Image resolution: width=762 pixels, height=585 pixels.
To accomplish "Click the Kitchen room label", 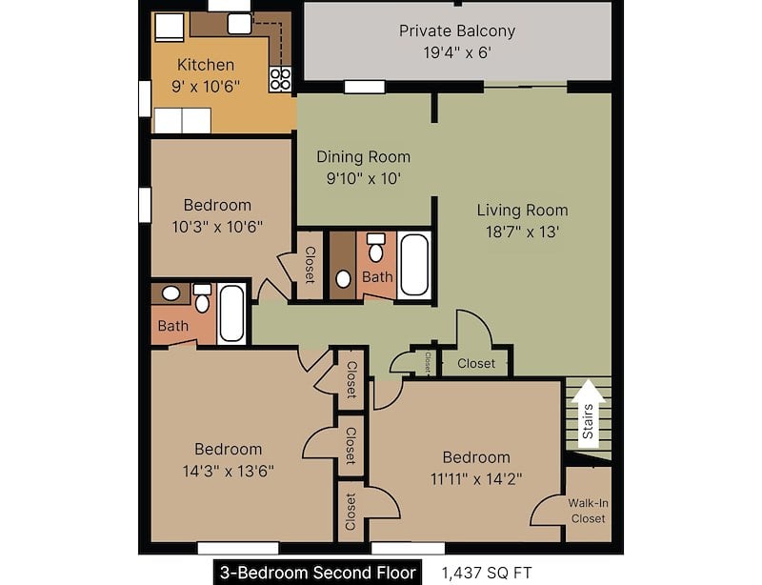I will pos(206,65).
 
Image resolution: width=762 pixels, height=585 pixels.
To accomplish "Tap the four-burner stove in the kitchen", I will pos(280,78).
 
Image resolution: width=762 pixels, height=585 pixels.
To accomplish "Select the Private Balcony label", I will pos(457,30).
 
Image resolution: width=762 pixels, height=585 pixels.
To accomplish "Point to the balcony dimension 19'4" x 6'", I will pos(457,52).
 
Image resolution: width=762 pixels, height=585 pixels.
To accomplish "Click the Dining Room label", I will pos(363,156).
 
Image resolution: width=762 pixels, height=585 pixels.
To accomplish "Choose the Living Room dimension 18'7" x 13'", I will pos(522,231).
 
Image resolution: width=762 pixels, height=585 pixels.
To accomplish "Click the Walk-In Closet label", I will pos(587,511).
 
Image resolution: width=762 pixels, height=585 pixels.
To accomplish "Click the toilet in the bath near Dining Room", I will pos(376,249).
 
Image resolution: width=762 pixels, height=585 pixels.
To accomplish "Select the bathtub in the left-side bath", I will pos(231,314).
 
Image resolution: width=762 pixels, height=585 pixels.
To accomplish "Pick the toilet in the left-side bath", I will pos(202,298).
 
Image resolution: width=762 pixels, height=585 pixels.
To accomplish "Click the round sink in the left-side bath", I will pos(170,293).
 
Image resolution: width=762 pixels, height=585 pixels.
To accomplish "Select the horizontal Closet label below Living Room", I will pos(476,363).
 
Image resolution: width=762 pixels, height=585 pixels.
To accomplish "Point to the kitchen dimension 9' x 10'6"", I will pos(206,86).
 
